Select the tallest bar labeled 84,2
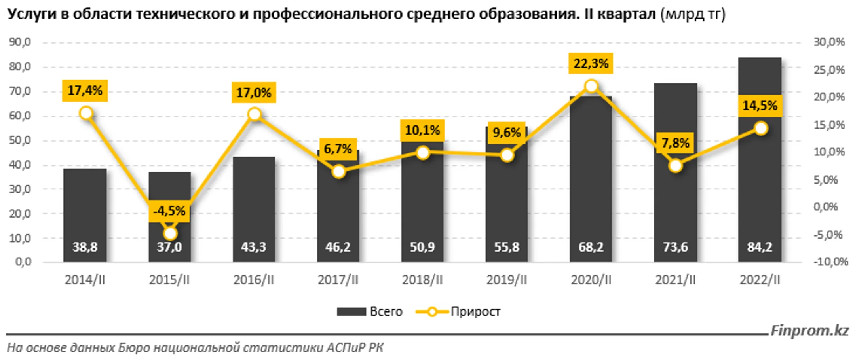pyautogui.click(x=760, y=178)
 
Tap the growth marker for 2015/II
pyautogui.click(x=170, y=233)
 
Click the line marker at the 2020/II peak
pyautogui.click(x=591, y=86)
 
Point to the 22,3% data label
pyautogui.click(x=591, y=63)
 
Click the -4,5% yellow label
pyautogui.click(x=169, y=211)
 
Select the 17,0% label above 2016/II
pyautogui.click(x=253, y=93)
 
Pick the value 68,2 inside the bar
pyautogui.click(x=591, y=247)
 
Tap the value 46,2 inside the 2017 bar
pyautogui.click(x=338, y=247)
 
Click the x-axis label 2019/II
pyautogui.click(x=506, y=280)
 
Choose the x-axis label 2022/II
pyautogui.click(x=760, y=280)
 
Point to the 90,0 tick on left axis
pyautogui.click(x=20, y=42)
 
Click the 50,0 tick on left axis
pyautogui.click(x=20, y=140)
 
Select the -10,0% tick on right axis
pyautogui.click(x=830, y=262)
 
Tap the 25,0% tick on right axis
pyautogui.click(x=829, y=70)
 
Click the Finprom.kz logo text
pyautogui.click(x=809, y=331)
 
